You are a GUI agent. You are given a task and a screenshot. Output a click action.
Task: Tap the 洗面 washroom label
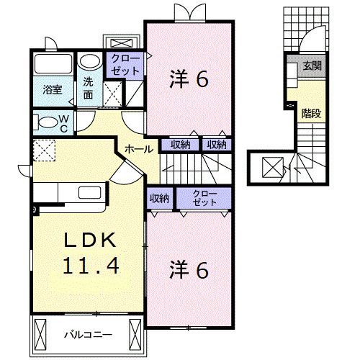tap(89, 87)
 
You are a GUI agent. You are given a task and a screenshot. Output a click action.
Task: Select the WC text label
tap(63, 122)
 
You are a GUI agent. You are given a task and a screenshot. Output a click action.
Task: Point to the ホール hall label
tap(138, 149)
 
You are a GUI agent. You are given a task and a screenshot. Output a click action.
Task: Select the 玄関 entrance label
tap(311, 67)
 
